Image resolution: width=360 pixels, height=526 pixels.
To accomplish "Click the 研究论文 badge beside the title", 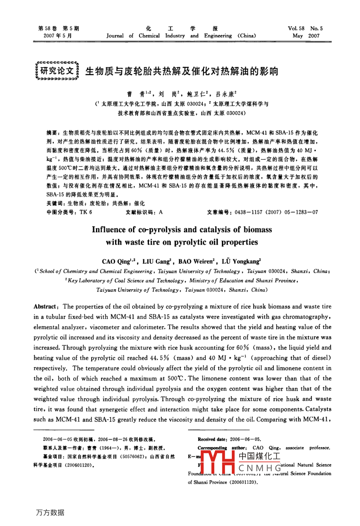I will [x=57, y=71].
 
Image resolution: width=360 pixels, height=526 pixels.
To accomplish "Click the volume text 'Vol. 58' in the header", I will [x=296, y=28].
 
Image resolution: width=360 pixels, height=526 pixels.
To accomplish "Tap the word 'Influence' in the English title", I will [x=109, y=230].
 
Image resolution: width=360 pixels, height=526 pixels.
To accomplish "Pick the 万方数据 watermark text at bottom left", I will [x=50, y=512].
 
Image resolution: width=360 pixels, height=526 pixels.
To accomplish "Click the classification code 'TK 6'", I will [x=86, y=212].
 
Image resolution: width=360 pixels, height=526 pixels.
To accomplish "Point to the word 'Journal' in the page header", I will [x=115, y=36].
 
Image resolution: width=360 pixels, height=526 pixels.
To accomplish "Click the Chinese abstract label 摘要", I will [x=52, y=133].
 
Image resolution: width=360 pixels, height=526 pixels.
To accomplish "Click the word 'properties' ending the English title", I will [x=240, y=242].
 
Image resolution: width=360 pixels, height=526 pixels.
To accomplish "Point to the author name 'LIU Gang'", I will [x=156, y=262].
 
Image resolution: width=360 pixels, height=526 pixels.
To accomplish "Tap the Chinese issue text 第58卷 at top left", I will [x=47, y=28].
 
